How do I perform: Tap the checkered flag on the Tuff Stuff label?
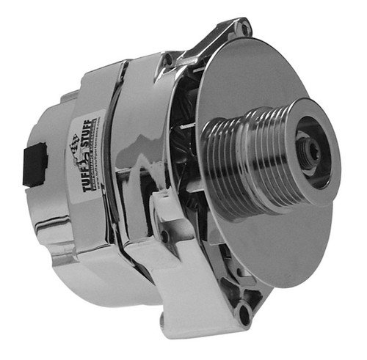pos(78,143)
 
